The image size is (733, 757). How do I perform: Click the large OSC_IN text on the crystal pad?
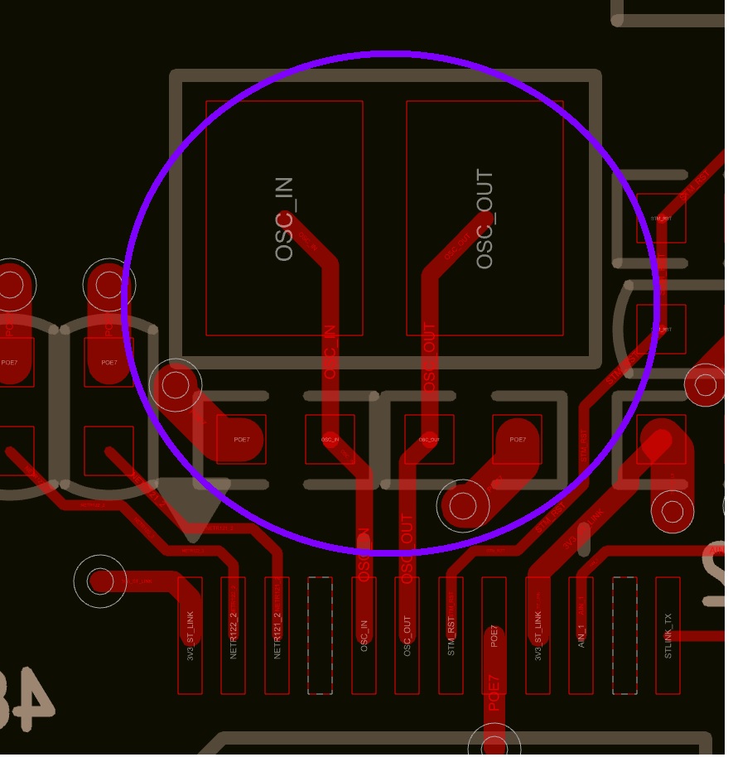(x=284, y=219)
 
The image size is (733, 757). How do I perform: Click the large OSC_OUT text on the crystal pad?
(x=485, y=219)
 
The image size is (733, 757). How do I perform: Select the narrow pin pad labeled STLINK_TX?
(x=668, y=635)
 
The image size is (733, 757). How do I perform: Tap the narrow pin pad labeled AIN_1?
(x=581, y=635)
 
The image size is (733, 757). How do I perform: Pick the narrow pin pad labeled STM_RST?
(x=451, y=635)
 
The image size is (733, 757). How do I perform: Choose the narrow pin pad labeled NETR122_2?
(x=233, y=635)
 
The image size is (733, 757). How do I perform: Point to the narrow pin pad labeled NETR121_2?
(x=277, y=635)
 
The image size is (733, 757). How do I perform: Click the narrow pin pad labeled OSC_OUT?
(x=407, y=635)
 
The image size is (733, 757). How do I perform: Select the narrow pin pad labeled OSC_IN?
(x=364, y=635)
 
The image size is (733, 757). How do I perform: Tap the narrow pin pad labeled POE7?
(x=494, y=635)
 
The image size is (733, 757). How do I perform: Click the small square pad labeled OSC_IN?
(x=330, y=439)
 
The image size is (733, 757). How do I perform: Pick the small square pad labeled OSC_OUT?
(x=429, y=439)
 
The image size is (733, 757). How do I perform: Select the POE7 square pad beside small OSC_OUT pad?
(x=517, y=439)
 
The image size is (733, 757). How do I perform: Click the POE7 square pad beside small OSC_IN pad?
(x=241, y=439)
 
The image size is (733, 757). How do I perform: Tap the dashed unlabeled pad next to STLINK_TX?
(x=624, y=635)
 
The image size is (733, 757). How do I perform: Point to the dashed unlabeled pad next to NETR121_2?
(x=320, y=635)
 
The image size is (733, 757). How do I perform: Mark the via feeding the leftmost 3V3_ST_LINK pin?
(x=100, y=581)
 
